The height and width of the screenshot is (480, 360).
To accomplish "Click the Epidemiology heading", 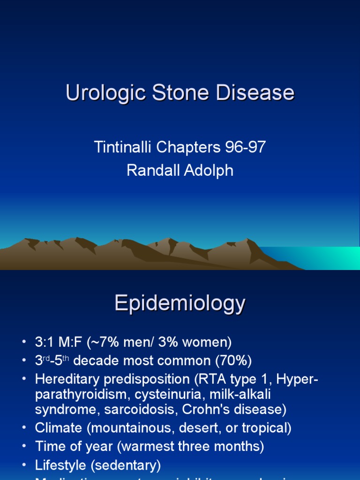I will click(180, 304).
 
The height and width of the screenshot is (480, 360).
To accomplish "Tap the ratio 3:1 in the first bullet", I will click(45, 342).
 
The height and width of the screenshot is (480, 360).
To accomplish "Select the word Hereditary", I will click(66, 379).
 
